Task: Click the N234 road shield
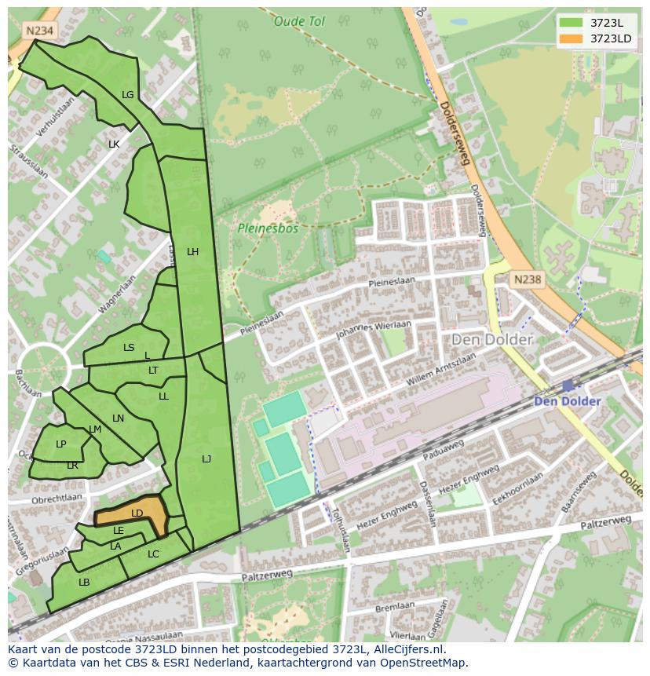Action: (38, 31)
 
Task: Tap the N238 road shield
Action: (528, 280)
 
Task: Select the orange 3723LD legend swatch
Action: (571, 38)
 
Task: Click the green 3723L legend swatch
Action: (571, 23)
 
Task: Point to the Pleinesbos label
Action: (268, 229)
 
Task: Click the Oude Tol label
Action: (299, 22)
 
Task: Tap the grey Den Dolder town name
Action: (491, 340)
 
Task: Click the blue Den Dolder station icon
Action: (568, 386)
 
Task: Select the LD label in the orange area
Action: (137, 513)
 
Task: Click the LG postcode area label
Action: (128, 95)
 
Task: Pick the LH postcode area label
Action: (192, 252)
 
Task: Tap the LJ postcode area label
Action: (206, 459)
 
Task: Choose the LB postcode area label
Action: (84, 583)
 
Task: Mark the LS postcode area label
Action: (129, 348)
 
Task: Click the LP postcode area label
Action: (61, 444)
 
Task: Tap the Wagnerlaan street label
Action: (118, 294)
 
